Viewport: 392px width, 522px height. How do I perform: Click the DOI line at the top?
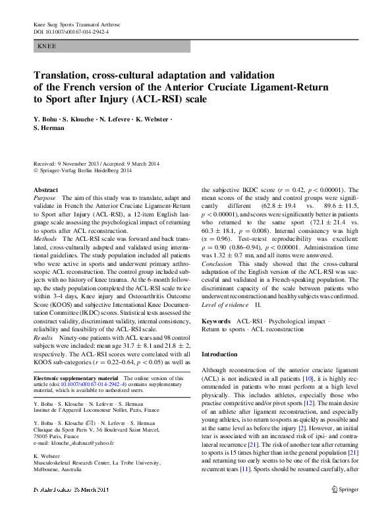click(71, 31)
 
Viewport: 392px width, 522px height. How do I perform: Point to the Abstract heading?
click(45, 190)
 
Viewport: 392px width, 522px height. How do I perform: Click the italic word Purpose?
click(45, 198)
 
